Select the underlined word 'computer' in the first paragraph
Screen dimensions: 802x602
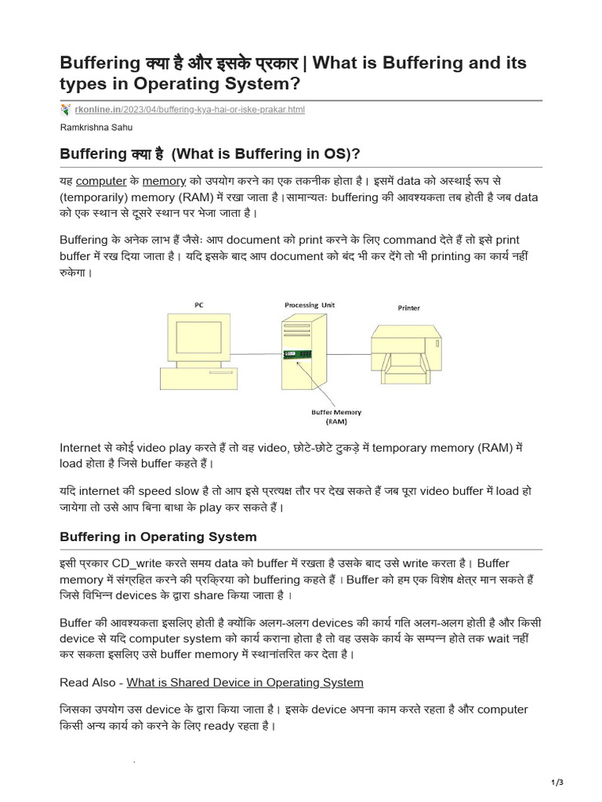point(101,181)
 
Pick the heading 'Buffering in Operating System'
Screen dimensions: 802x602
point(158,536)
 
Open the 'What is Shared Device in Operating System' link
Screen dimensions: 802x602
point(245,682)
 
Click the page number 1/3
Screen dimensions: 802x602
point(558,782)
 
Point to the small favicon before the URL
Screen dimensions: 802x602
point(65,110)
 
